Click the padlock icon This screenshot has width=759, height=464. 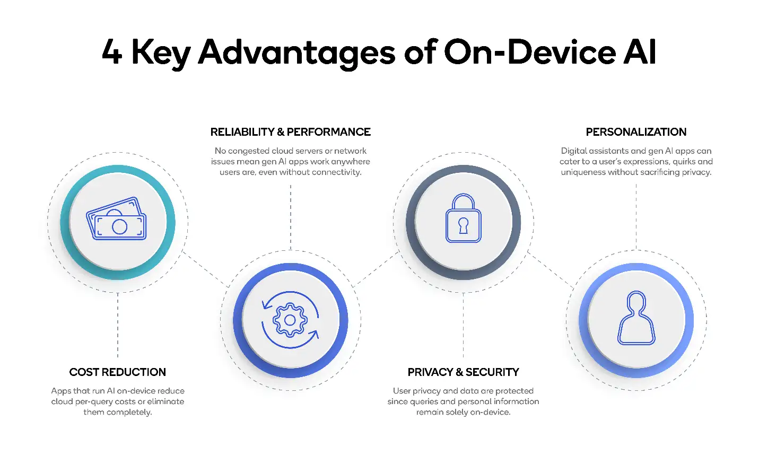click(463, 218)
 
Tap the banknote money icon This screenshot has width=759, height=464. click(117, 219)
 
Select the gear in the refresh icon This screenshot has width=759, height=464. click(290, 320)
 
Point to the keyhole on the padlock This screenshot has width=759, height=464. click(464, 225)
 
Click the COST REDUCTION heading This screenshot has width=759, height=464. click(117, 372)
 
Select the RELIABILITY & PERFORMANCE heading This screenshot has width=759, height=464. click(290, 132)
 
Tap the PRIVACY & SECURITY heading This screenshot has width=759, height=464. click(463, 372)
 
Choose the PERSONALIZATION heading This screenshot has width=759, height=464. click(636, 132)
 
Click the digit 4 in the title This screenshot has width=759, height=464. click(112, 52)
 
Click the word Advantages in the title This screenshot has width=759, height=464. click(297, 53)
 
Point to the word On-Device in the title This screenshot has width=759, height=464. click(529, 52)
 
